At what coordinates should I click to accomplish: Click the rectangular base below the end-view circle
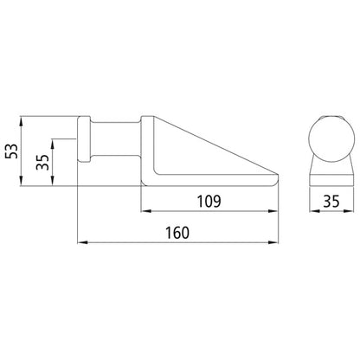point(331,172)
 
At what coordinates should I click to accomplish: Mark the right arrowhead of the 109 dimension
point(276,211)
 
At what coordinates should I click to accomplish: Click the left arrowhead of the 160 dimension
point(82,243)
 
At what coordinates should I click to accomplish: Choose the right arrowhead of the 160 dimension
point(276,243)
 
